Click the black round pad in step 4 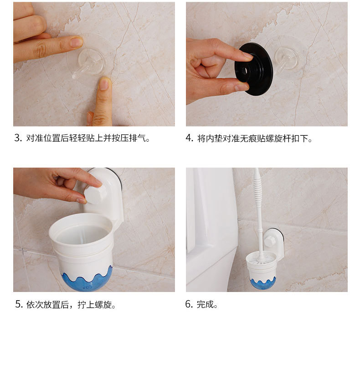coord(254,69)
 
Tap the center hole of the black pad coord(246,71)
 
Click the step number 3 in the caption coord(17,138)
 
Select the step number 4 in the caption coord(189,138)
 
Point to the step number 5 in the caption coord(18,304)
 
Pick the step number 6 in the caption coord(189,304)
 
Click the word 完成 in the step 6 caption coord(205,304)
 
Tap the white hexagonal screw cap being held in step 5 coord(95,193)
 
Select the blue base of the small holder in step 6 coord(263,284)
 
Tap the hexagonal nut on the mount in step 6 coord(269,241)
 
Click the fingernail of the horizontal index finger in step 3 coord(76,42)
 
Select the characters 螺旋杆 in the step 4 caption coord(278,138)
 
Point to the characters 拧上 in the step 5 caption coord(86,305)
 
